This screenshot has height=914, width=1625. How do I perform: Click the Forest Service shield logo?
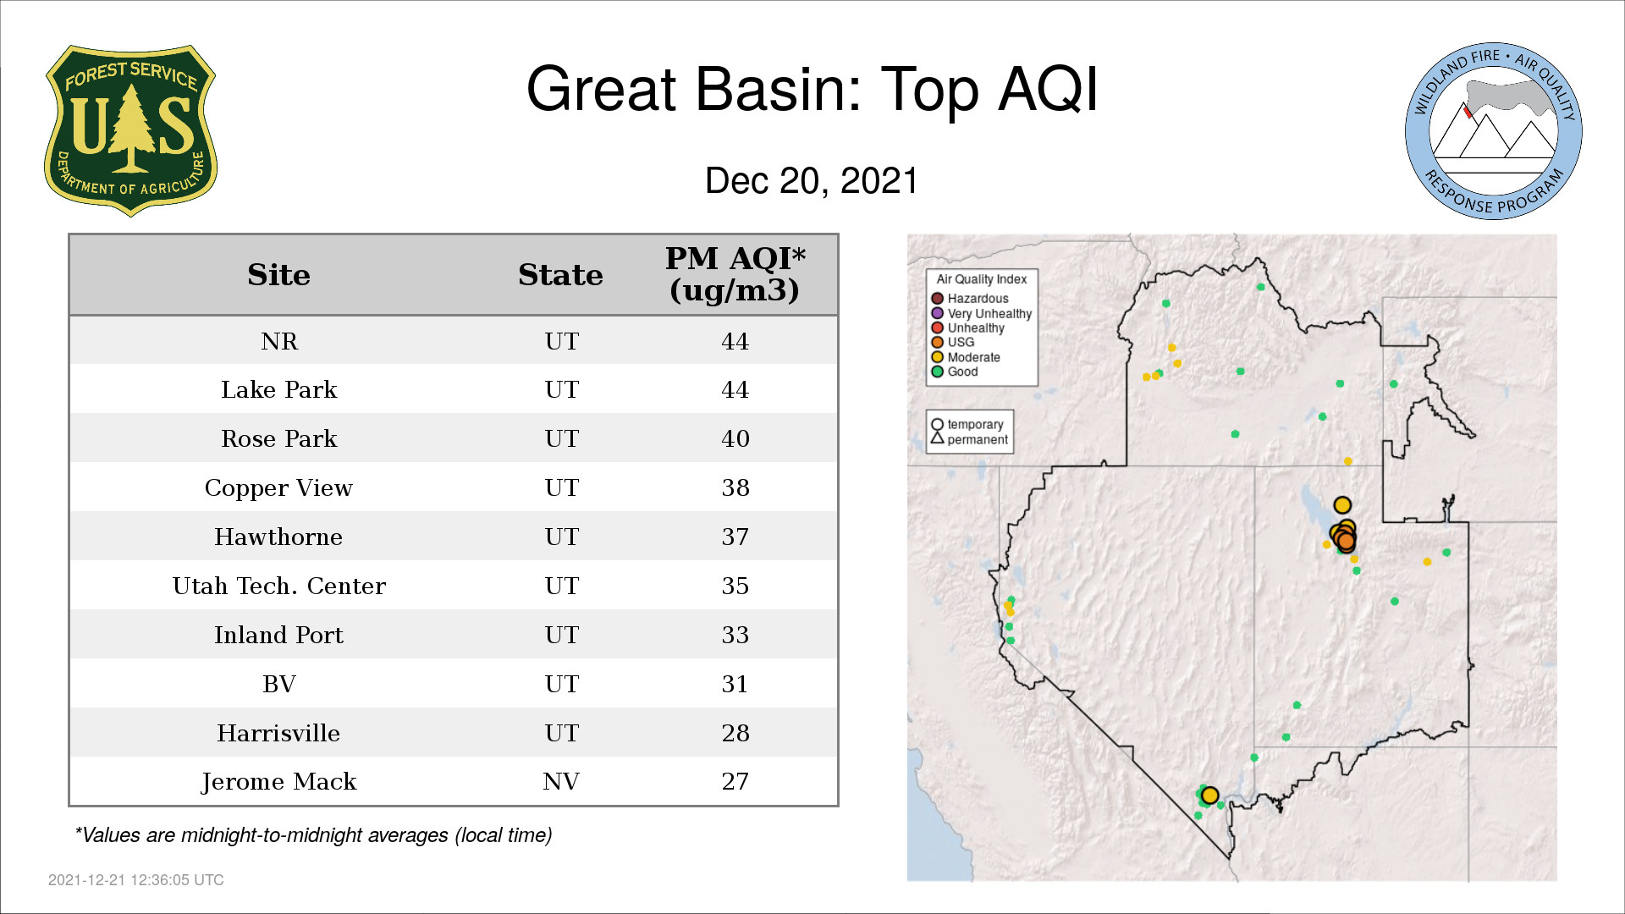(x=130, y=130)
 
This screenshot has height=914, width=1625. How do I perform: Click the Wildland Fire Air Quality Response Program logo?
(x=1494, y=131)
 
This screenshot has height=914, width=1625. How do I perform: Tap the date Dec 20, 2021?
(x=812, y=181)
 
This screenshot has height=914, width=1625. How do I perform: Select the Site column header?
(x=278, y=275)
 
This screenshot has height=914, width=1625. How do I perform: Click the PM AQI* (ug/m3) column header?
(x=735, y=274)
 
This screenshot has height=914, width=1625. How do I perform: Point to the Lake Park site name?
(x=278, y=389)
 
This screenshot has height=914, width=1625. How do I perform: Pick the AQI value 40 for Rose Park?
(x=735, y=438)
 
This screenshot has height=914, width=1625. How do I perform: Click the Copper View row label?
(x=278, y=488)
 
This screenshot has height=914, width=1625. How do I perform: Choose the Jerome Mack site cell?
(x=278, y=782)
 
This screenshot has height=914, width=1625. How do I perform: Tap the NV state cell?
(x=561, y=781)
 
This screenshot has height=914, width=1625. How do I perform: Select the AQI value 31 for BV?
(x=735, y=684)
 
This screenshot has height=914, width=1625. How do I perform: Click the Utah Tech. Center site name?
(x=278, y=586)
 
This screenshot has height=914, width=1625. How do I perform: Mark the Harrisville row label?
(x=278, y=733)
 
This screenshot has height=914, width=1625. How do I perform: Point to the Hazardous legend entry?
(x=970, y=299)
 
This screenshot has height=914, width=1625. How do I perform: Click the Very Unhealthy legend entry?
(x=982, y=313)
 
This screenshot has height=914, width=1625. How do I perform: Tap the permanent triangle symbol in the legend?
(x=937, y=438)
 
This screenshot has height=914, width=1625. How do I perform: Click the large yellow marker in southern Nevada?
(x=1209, y=796)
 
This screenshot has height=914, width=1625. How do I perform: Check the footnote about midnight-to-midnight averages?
(x=313, y=835)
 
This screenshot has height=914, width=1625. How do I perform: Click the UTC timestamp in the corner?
(x=136, y=880)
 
